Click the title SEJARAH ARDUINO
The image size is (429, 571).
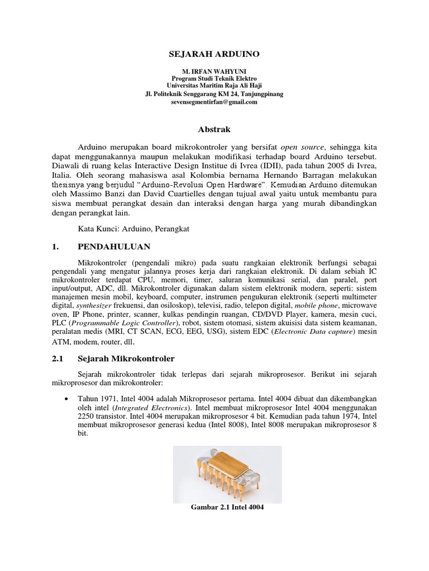point(214,54)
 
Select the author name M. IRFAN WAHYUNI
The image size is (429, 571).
point(214,72)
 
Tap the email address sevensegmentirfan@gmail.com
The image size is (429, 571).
point(214,102)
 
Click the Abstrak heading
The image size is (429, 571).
point(214,129)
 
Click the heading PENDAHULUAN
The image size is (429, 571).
point(114,246)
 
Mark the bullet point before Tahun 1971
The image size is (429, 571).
point(67,399)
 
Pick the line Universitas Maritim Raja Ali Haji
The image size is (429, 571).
point(214,86)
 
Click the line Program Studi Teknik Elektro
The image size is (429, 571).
point(214,79)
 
